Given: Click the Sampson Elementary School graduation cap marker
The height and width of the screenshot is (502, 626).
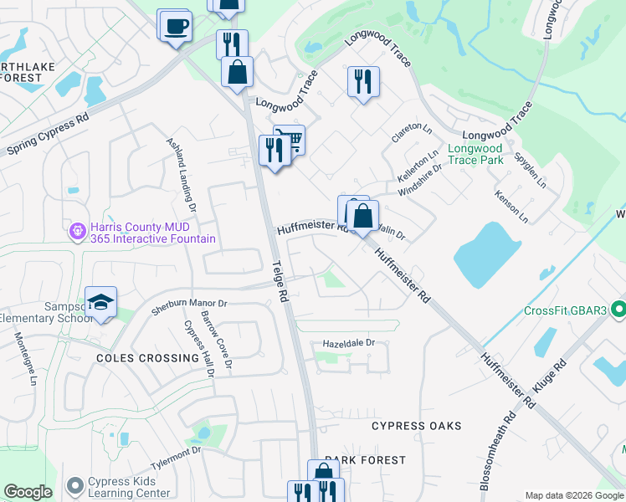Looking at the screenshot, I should [100, 303].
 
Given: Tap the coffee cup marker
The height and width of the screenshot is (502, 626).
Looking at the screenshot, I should [175, 25].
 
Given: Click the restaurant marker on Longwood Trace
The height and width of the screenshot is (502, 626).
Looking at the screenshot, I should [363, 82].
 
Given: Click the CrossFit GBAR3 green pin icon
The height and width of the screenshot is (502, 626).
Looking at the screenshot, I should [618, 310].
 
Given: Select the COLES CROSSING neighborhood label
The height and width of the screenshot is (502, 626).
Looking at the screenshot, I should [147, 358].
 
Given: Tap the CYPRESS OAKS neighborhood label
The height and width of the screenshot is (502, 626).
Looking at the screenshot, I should [417, 426].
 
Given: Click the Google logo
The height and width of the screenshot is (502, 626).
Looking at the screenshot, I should [28, 492].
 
